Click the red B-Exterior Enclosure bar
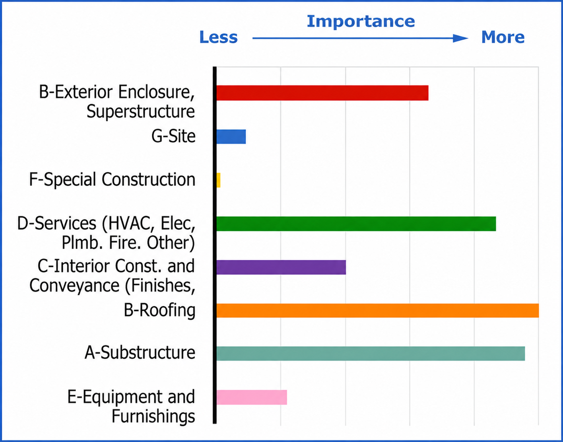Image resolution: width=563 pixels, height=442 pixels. [x=322, y=93]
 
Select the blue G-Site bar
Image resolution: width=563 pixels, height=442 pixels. [x=231, y=136]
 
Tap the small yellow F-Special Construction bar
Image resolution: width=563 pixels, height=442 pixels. [x=218, y=180]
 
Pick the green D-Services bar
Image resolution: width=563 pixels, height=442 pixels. [x=356, y=224]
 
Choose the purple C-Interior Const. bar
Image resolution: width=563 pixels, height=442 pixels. [x=281, y=267]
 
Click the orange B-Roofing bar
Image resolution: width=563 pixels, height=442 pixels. [x=378, y=310]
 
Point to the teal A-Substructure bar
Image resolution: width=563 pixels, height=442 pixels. [x=371, y=353]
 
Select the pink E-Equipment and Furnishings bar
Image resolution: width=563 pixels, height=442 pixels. [x=252, y=397]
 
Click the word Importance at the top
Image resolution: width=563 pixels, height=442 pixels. [x=361, y=22]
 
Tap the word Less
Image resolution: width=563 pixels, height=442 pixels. [x=218, y=37]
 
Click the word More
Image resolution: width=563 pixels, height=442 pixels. [x=503, y=37]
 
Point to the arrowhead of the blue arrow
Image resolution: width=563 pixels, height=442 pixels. [x=461, y=38]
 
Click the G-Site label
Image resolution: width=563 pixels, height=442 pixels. [x=173, y=136]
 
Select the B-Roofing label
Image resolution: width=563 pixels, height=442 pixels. [x=159, y=310]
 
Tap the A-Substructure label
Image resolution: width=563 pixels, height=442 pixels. [x=140, y=353]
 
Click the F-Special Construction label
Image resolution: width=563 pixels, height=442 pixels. [x=112, y=179]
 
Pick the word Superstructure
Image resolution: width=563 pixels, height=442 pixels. [x=141, y=112]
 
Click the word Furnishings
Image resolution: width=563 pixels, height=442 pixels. [x=153, y=416]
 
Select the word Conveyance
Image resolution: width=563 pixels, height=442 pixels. [x=74, y=286]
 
